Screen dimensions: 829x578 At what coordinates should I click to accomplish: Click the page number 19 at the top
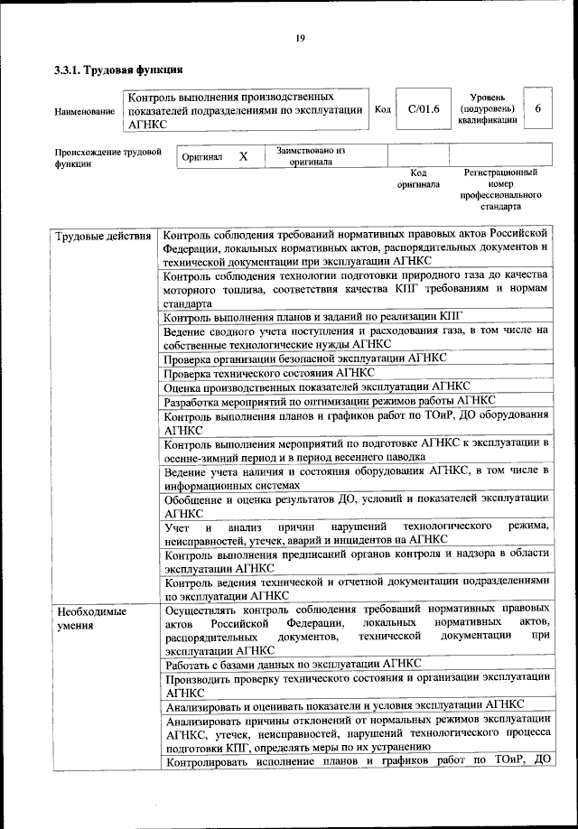pyautogui.click(x=300, y=37)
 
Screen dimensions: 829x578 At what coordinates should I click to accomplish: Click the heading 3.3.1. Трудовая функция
pyautogui.click(x=119, y=69)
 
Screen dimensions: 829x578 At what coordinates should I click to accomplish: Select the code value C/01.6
pyautogui.click(x=423, y=109)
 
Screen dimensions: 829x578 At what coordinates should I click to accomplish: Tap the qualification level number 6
pyautogui.click(x=538, y=109)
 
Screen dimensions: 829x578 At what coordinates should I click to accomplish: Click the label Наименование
pyautogui.click(x=84, y=111)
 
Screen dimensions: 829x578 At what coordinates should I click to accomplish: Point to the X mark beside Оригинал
pyautogui.click(x=243, y=156)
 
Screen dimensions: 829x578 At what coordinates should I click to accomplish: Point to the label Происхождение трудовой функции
pyautogui.click(x=107, y=158)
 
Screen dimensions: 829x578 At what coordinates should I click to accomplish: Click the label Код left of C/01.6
pyautogui.click(x=382, y=109)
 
